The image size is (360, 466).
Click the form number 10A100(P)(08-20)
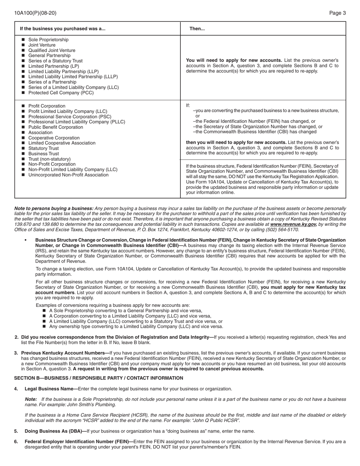click(35, 13)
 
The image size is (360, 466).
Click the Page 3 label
click(337, 13)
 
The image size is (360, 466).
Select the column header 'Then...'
click(197, 29)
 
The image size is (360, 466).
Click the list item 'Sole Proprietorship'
click(49, 40)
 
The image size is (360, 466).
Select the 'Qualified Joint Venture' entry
click(52, 50)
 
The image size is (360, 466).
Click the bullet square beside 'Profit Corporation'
click(23, 106)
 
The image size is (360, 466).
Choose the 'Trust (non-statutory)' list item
click(50, 159)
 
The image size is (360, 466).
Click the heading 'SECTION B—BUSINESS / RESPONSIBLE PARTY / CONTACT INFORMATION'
click(99, 378)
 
